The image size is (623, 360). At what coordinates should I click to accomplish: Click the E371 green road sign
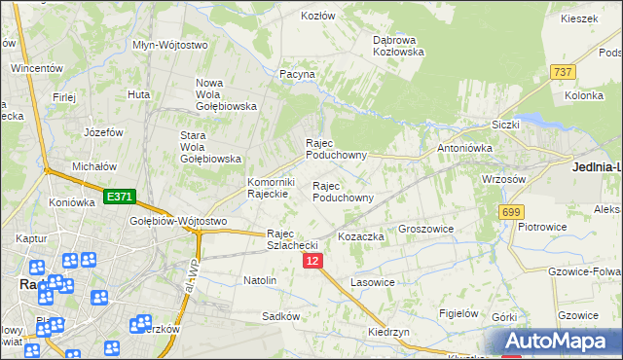pos(119,197)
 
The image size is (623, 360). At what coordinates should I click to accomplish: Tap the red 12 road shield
pos(312,262)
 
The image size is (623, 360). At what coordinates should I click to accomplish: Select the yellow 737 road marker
pos(562,72)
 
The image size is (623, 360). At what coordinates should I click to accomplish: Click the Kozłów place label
pos(318,17)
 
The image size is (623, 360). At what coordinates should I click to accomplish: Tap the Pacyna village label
pos(297,74)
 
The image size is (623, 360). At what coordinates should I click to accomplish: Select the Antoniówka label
pos(464,148)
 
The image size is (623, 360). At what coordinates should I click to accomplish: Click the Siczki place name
pos(506,125)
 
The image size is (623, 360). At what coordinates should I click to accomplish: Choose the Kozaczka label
pos(361,236)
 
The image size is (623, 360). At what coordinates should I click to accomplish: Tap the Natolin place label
pos(260,280)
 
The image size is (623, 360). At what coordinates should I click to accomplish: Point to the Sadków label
pos(279,316)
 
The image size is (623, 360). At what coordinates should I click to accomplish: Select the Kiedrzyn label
pos(388,332)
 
